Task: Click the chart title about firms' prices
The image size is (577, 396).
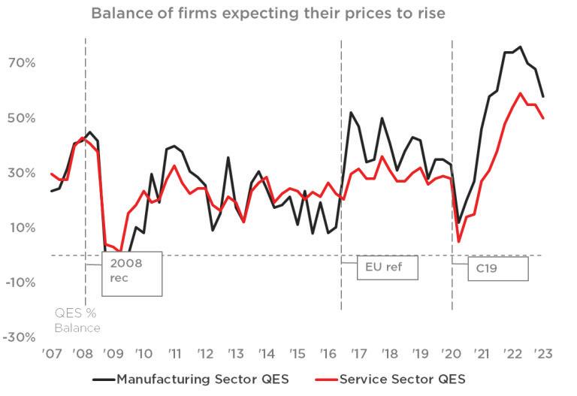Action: tap(268, 14)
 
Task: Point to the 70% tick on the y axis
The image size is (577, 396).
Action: tap(22, 63)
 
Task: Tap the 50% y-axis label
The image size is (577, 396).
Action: tap(22, 118)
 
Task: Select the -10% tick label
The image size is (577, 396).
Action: tap(20, 283)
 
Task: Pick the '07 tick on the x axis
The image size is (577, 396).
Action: tap(52, 354)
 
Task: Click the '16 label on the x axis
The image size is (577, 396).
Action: tap(328, 354)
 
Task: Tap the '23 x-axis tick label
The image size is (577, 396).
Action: tap(543, 354)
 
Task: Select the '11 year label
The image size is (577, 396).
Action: tap(175, 354)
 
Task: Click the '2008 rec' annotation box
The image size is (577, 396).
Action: tap(131, 274)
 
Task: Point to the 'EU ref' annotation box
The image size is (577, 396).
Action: tap(387, 268)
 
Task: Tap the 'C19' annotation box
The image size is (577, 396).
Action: tap(498, 269)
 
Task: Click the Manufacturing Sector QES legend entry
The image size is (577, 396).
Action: tap(191, 379)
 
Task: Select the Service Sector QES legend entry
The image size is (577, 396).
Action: tap(390, 379)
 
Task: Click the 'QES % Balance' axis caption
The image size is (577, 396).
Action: tap(77, 321)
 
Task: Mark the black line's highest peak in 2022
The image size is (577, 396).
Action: tap(520, 47)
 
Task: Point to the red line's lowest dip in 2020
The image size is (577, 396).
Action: tap(459, 241)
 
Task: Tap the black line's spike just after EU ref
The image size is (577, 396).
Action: tap(351, 112)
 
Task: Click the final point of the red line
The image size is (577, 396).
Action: tap(543, 118)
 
